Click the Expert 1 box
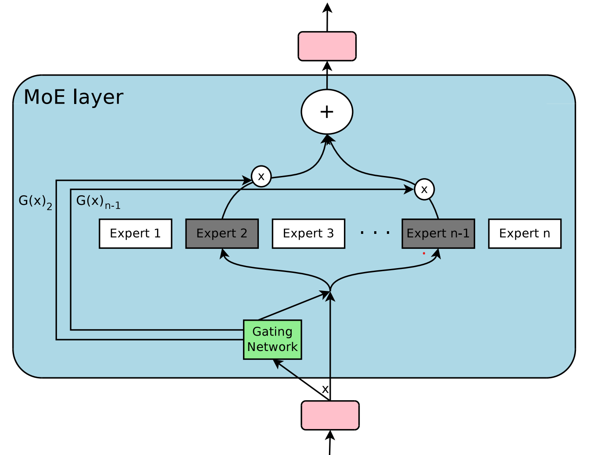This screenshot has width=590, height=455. point(135,233)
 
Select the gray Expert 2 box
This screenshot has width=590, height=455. point(222,233)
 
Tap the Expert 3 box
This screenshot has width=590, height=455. point(308,233)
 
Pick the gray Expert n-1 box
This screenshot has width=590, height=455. point(438,233)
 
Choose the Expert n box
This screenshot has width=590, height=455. point(525,233)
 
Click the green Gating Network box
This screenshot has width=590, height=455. point(272,340)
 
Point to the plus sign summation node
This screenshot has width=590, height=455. point(327,112)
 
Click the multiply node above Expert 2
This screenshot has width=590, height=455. point(261,176)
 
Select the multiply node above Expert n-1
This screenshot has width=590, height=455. point(424,190)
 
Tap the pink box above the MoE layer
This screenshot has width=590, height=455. point(327,46)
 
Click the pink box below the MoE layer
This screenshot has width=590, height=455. point(330,415)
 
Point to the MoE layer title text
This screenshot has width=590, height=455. point(73,97)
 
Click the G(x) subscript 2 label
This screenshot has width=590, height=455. point(35,202)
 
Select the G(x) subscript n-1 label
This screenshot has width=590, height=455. point(98,202)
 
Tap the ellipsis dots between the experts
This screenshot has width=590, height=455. point(375,233)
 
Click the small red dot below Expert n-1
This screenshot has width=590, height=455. point(424,253)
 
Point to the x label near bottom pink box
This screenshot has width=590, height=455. point(325,389)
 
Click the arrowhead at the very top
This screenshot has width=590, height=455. point(327,7)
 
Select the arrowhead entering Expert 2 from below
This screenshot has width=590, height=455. point(223,253)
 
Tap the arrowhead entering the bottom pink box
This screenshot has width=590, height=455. point(330,435)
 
